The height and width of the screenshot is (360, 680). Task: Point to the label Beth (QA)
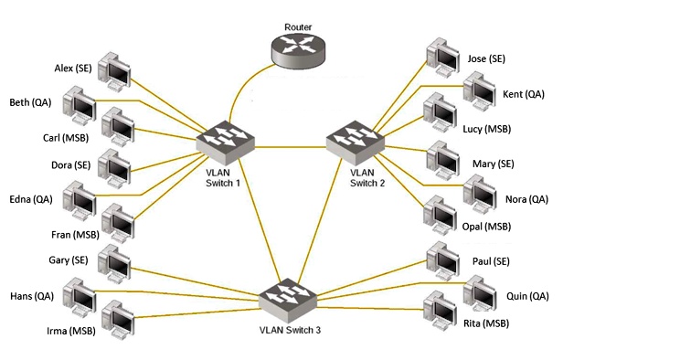click(x=30, y=102)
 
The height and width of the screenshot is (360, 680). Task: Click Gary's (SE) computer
click(x=117, y=262)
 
